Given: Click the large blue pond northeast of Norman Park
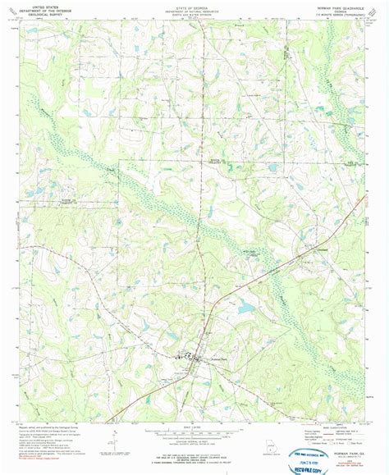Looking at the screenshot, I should (x=245, y=308).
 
